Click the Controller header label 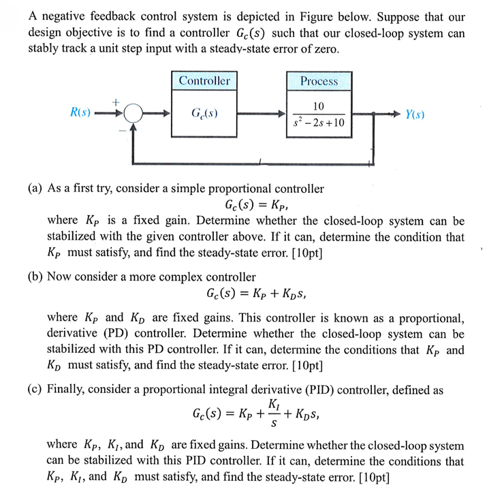pyautogui.click(x=204, y=81)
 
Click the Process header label pyautogui.click(x=319, y=81)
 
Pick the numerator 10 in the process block pyautogui.click(x=319, y=106)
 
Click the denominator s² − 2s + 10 pyautogui.click(x=319, y=123)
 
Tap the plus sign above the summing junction pyautogui.click(x=116, y=101)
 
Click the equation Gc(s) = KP pyautogui.click(x=261, y=204)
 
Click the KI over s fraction pyautogui.click(x=272, y=413)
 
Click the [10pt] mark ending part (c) pyautogui.click(x=372, y=477)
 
